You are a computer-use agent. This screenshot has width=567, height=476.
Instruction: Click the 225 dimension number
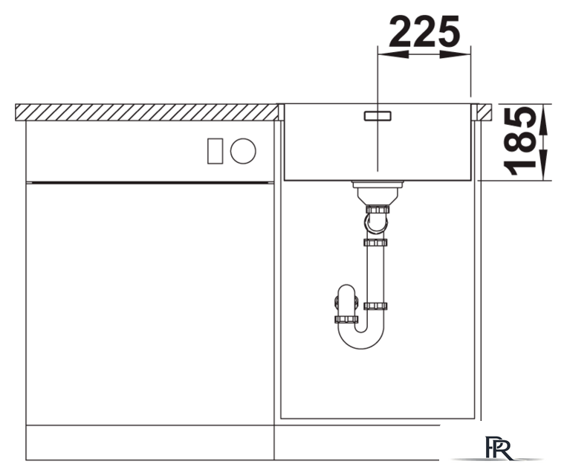coord(425,31)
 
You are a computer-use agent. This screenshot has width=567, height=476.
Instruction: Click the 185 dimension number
coord(520,141)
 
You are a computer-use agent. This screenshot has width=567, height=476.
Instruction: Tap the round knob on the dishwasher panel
coord(243,151)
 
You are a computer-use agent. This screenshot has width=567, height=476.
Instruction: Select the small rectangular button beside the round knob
coord(215,151)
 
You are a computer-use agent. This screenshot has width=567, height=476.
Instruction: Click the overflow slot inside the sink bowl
coord(378,116)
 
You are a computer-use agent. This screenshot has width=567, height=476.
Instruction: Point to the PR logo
coord(499,448)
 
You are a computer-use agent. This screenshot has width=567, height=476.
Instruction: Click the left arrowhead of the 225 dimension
coord(393,54)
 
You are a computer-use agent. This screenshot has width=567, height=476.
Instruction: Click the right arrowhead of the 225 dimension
coord(456,54)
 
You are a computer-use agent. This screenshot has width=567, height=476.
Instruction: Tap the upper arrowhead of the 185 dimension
coord(543,119)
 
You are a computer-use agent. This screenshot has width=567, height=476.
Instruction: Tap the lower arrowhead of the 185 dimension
coord(543,165)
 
